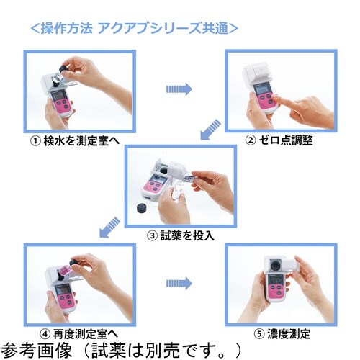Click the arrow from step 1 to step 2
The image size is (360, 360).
click(179, 89)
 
